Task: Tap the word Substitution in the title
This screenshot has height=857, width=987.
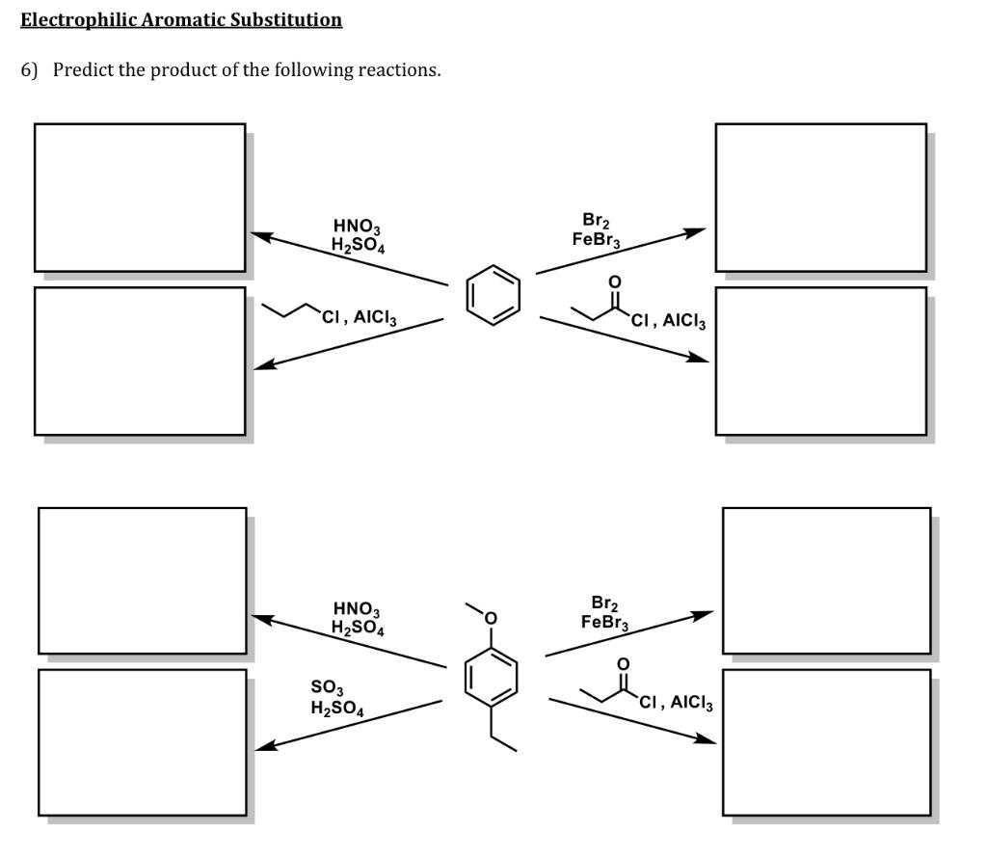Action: click(285, 19)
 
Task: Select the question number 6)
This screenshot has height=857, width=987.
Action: click(29, 69)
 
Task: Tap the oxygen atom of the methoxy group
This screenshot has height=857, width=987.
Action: click(491, 618)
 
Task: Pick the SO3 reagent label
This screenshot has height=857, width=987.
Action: click(327, 686)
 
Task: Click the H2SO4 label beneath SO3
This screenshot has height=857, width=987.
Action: click(336, 709)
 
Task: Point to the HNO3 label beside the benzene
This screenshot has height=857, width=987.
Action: click(357, 226)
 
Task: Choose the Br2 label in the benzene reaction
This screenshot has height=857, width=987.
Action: click(596, 221)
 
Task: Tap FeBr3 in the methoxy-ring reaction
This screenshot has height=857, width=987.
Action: click(604, 623)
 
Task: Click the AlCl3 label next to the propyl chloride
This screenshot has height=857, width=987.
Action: click(375, 317)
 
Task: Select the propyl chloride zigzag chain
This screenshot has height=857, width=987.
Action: click(290, 309)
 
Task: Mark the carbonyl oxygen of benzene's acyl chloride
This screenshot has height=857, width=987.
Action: click(614, 281)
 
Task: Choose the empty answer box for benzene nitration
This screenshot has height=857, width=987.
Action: click(140, 198)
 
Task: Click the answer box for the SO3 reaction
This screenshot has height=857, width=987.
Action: click(143, 742)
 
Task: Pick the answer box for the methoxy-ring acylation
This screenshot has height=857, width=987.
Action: click(826, 742)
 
